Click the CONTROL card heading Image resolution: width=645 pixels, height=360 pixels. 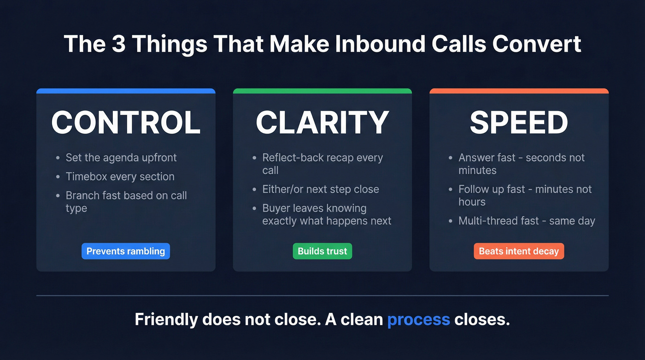coord(126,123)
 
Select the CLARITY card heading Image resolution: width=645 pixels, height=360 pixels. coord(322,123)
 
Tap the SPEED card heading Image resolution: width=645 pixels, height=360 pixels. coord(519,123)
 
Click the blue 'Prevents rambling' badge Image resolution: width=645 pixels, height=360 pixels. coord(126,251)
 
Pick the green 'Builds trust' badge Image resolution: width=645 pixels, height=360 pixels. coord(322,251)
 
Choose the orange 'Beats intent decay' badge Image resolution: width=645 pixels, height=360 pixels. coord(519,251)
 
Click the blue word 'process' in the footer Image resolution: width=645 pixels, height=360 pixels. coord(418,319)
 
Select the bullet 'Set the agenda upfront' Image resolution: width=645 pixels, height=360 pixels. coord(121,158)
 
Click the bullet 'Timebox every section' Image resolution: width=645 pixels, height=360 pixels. coord(120,177)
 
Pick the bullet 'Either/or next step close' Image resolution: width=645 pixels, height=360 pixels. coord(321,189)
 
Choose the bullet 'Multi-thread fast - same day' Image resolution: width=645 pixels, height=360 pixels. coord(527,221)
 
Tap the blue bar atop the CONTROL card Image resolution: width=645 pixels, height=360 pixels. coord(126,91)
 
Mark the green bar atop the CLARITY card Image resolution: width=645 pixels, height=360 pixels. coord(322,91)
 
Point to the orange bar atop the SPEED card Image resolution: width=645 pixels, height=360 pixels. coord(519,91)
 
